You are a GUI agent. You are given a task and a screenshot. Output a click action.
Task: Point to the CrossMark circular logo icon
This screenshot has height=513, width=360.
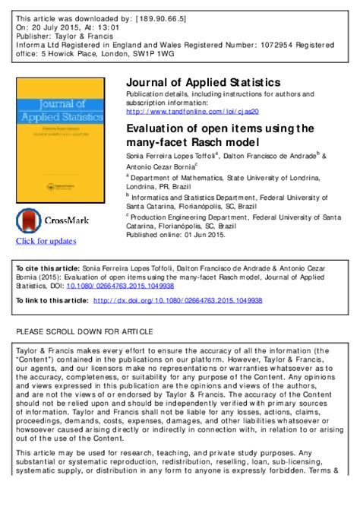(x=30, y=221)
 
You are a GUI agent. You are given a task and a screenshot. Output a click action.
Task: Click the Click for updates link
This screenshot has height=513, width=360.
(x=46, y=242)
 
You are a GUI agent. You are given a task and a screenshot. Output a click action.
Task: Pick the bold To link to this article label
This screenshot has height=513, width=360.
(x=52, y=301)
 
